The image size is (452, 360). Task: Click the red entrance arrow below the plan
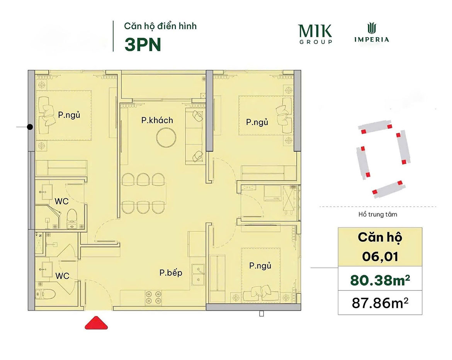pyautogui.click(x=96, y=323)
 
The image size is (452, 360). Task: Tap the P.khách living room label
pyautogui.click(x=157, y=120)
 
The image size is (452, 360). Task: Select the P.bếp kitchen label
pyautogui.click(x=171, y=273)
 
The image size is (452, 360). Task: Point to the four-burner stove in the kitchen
pyautogui.click(x=153, y=297)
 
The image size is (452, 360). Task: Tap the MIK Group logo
pyautogui.click(x=315, y=34)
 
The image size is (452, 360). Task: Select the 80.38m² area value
pyautogui.click(x=380, y=280)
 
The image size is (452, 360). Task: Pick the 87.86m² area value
pyautogui.click(x=380, y=303)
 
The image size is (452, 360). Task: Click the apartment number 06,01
pyautogui.click(x=380, y=256)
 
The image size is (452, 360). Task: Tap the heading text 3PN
pyautogui.click(x=143, y=45)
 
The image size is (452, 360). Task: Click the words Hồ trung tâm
pyautogui.click(x=377, y=214)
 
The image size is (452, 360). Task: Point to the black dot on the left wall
pyautogui.click(x=30, y=127)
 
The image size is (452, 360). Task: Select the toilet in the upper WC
pyautogui.click(x=72, y=218)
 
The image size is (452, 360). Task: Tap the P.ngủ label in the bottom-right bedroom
pyautogui.click(x=260, y=265)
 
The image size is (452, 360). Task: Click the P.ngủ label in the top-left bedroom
pyautogui.click(x=69, y=115)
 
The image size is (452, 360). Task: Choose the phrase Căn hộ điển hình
pyautogui.click(x=160, y=26)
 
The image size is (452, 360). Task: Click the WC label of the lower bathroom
pyautogui.click(x=62, y=276)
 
